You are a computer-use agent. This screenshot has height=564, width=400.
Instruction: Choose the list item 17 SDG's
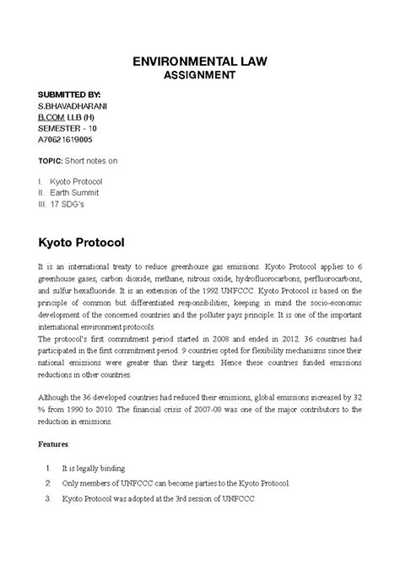(71, 203)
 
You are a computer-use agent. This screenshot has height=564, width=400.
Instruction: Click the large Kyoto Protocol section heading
(81, 243)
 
